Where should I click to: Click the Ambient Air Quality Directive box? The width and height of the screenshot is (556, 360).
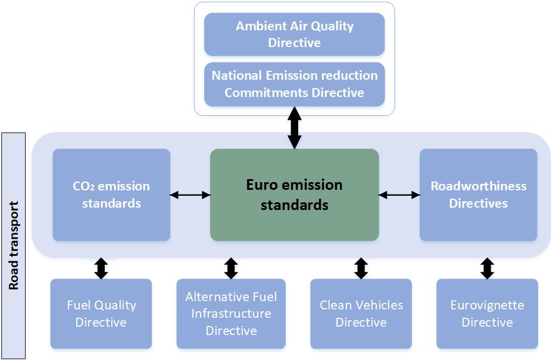294,35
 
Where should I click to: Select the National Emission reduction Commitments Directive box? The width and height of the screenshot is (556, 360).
294,84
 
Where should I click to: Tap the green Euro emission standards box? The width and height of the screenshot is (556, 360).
294,195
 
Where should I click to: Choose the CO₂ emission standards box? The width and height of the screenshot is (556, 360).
111,195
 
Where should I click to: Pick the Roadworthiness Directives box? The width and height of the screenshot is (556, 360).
478,195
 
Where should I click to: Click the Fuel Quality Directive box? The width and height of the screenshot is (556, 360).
101,314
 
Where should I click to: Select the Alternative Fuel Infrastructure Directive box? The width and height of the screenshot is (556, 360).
231,314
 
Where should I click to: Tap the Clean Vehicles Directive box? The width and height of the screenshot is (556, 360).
361,314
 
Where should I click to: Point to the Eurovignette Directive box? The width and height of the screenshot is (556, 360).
487,314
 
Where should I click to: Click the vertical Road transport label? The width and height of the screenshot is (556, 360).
14,246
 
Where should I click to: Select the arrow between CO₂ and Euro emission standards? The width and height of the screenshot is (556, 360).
190,194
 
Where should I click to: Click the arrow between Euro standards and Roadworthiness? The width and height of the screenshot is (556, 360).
399,194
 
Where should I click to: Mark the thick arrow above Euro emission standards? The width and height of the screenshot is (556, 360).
294,128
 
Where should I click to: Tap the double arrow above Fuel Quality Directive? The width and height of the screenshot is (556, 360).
101,268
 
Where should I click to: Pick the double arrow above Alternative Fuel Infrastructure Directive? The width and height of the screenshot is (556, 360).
231,268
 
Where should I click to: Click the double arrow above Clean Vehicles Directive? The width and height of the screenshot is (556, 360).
361,268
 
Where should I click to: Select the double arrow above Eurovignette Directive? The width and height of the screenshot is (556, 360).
487,268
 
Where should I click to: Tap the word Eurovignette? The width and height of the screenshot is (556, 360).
487,305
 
